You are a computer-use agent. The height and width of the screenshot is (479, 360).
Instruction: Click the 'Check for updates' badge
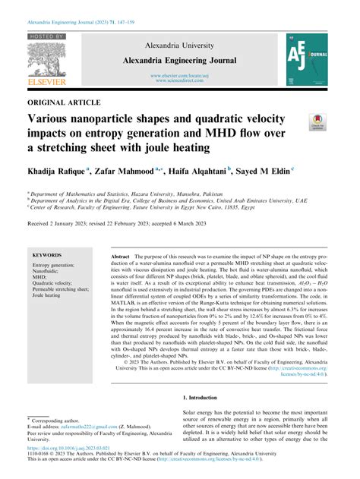(x=317, y=122)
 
